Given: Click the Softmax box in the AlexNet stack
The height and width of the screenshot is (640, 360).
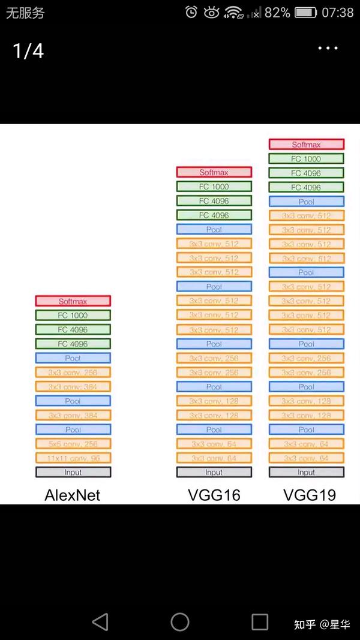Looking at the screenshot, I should [x=73, y=301].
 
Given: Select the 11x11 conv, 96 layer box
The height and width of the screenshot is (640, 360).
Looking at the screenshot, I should [x=73, y=458].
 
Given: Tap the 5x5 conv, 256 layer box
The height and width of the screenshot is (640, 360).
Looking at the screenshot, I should [x=73, y=444].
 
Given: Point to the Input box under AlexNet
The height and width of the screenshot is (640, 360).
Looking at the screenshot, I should [x=73, y=473].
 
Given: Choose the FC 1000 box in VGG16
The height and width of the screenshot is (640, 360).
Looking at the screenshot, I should [x=214, y=187].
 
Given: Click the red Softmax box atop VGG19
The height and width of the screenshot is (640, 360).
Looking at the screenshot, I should [x=306, y=145].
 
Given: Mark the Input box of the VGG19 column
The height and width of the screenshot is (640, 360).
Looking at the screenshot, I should [x=306, y=473].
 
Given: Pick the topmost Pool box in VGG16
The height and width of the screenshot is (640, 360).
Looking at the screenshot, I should [x=214, y=229].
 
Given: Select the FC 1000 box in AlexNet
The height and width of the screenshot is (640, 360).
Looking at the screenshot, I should [x=73, y=316].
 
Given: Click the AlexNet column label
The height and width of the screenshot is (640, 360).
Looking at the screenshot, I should [x=73, y=495].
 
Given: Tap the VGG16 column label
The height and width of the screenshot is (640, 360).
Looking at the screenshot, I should [x=214, y=495].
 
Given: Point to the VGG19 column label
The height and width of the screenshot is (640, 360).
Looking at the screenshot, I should [x=310, y=495].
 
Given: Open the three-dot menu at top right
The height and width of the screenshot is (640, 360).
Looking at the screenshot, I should [x=328, y=49].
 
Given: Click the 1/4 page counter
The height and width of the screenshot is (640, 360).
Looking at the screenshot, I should [x=28, y=51].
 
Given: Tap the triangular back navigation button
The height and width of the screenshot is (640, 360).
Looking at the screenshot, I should [x=100, y=622].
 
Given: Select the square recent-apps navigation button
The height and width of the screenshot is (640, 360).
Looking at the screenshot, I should [x=260, y=622].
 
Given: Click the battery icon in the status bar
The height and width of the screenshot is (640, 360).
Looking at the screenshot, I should [x=305, y=13].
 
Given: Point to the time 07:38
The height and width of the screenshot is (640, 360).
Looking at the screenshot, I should [x=338, y=13].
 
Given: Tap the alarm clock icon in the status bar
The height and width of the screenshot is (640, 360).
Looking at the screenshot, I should [x=191, y=13].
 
